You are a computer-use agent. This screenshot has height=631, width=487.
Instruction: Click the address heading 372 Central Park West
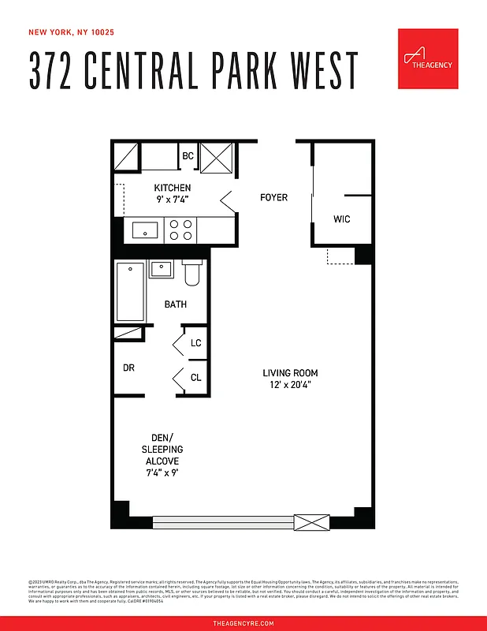pos(194,71)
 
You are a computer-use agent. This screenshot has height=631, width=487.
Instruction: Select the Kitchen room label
pos(172,188)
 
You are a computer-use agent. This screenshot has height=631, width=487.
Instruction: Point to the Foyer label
pos(273,197)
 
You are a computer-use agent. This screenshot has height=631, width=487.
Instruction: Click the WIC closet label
pos(342,219)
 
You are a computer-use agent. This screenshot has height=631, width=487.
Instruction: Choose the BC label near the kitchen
pos(188,156)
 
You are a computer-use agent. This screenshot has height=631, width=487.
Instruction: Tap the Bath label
pos(176,304)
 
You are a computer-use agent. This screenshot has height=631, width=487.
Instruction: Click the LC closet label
pos(195,343)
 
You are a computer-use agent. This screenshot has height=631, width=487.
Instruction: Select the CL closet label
pos(195,378)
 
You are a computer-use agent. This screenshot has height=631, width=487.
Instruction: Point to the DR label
pos(128,368)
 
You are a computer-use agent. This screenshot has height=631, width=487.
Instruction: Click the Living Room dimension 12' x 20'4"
pos(291,385)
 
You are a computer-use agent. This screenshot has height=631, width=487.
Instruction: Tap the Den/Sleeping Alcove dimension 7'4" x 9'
pos(162,473)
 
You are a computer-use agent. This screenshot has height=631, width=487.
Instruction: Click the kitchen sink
pos(145,230)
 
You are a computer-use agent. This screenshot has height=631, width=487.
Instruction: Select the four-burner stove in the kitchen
pos(180,230)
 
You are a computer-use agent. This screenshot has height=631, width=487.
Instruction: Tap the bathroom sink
pos(162,268)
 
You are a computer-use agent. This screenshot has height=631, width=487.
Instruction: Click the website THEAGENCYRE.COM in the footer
pos(243,623)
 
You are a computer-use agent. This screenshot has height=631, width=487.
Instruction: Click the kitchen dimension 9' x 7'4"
pos(172,200)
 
